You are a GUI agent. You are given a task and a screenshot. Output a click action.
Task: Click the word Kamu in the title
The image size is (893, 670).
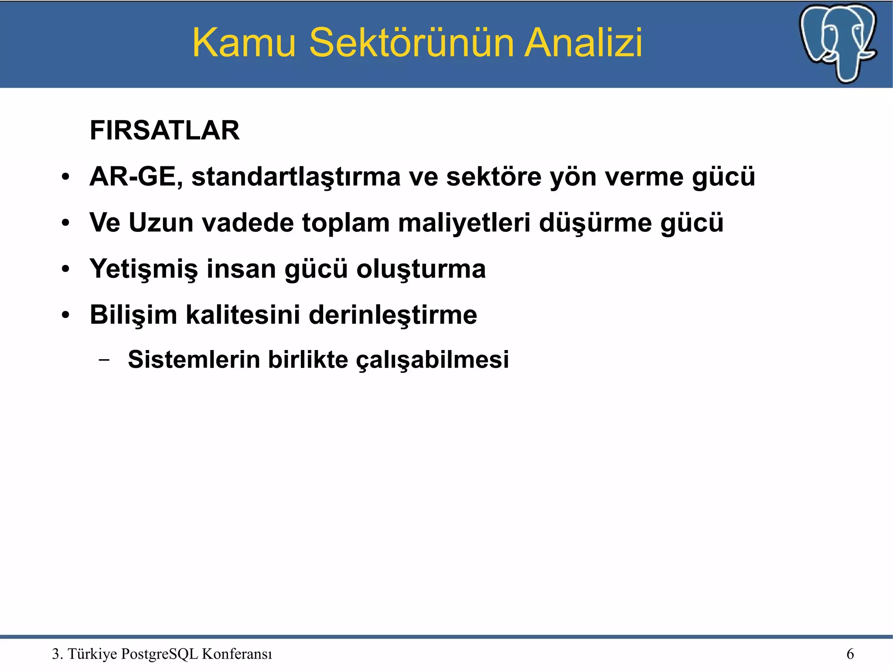[x=244, y=43]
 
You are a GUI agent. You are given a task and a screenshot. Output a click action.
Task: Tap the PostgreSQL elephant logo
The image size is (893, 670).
[x=838, y=43]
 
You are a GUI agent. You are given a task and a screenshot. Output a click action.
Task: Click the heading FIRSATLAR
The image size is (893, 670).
[x=164, y=130]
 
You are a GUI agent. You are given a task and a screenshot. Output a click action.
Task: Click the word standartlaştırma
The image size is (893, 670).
[x=296, y=177]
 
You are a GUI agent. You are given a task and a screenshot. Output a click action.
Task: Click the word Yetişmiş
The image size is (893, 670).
[x=143, y=269]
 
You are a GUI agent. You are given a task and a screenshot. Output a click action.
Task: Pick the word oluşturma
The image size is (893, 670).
[x=421, y=269]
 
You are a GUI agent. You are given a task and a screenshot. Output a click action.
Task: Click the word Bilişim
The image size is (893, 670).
[x=133, y=315]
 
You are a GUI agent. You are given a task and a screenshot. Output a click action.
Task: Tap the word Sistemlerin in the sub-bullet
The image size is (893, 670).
[x=194, y=360]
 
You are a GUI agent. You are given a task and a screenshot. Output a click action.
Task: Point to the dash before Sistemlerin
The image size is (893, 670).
[x=104, y=360]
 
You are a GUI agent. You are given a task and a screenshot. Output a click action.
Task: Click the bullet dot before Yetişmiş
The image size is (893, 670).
[x=65, y=269]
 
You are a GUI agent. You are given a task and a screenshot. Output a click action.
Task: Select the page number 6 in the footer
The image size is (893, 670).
[x=850, y=654]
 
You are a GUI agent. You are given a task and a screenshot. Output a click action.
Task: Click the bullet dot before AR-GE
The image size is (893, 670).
[x=65, y=177]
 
